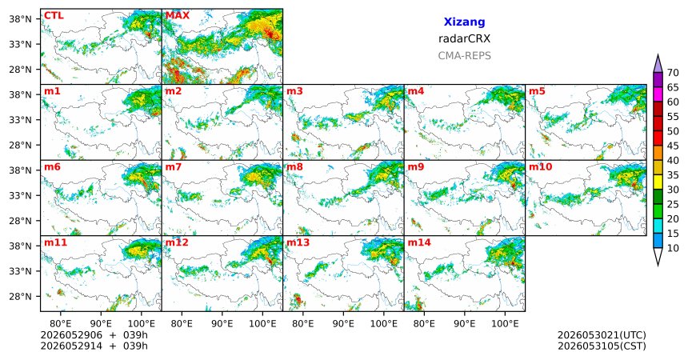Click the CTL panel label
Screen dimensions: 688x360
(x=54, y=16)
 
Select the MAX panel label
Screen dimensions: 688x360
(x=178, y=16)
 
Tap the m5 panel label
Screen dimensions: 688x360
(x=537, y=91)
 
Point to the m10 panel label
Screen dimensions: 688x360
(x=540, y=167)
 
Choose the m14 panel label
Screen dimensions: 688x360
(x=419, y=242)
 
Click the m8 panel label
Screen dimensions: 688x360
(x=294, y=167)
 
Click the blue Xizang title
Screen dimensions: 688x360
(x=464, y=22)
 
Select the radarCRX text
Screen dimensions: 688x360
(x=464, y=38)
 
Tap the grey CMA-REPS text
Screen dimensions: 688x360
(x=464, y=56)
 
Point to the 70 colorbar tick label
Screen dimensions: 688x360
(x=673, y=73)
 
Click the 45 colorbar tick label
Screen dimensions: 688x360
(x=673, y=146)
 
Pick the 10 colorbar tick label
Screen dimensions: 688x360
(x=673, y=248)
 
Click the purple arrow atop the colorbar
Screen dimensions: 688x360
(x=658, y=64)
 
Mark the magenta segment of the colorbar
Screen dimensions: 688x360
(x=658, y=95)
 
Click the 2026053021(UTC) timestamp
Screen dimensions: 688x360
(x=602, y=335)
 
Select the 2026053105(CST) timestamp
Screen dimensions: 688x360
(x=602, y=346)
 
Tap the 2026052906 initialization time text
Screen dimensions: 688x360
(x=71, y=335)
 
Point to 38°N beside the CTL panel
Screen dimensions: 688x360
(x=20, y=19)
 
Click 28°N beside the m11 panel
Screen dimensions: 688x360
(x=20, y=296)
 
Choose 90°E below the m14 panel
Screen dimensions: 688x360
(x=464, y=324)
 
